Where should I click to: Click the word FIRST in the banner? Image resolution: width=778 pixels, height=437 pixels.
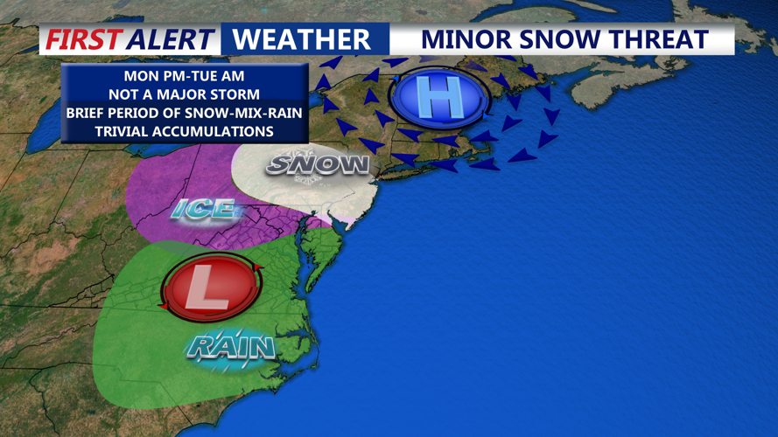[84, 39]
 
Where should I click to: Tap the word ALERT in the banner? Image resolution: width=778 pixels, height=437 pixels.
[170, 39]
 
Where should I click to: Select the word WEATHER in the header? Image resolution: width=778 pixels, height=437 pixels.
[302, 39]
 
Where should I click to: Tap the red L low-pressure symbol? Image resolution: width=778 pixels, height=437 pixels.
[210, 285]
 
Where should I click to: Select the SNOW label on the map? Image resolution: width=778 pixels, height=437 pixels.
[318, 164]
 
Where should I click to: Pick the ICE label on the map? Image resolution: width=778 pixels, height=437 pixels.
[203, 209]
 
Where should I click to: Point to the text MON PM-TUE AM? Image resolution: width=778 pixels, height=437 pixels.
[184, 77]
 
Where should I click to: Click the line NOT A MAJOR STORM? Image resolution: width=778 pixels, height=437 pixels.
[184, 94]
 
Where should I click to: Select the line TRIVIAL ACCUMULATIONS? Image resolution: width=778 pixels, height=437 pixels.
[184, 131]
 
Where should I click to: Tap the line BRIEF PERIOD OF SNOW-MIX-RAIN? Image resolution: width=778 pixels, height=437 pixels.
[184, 113]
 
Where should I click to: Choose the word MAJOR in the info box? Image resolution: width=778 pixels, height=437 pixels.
[184, 94]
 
